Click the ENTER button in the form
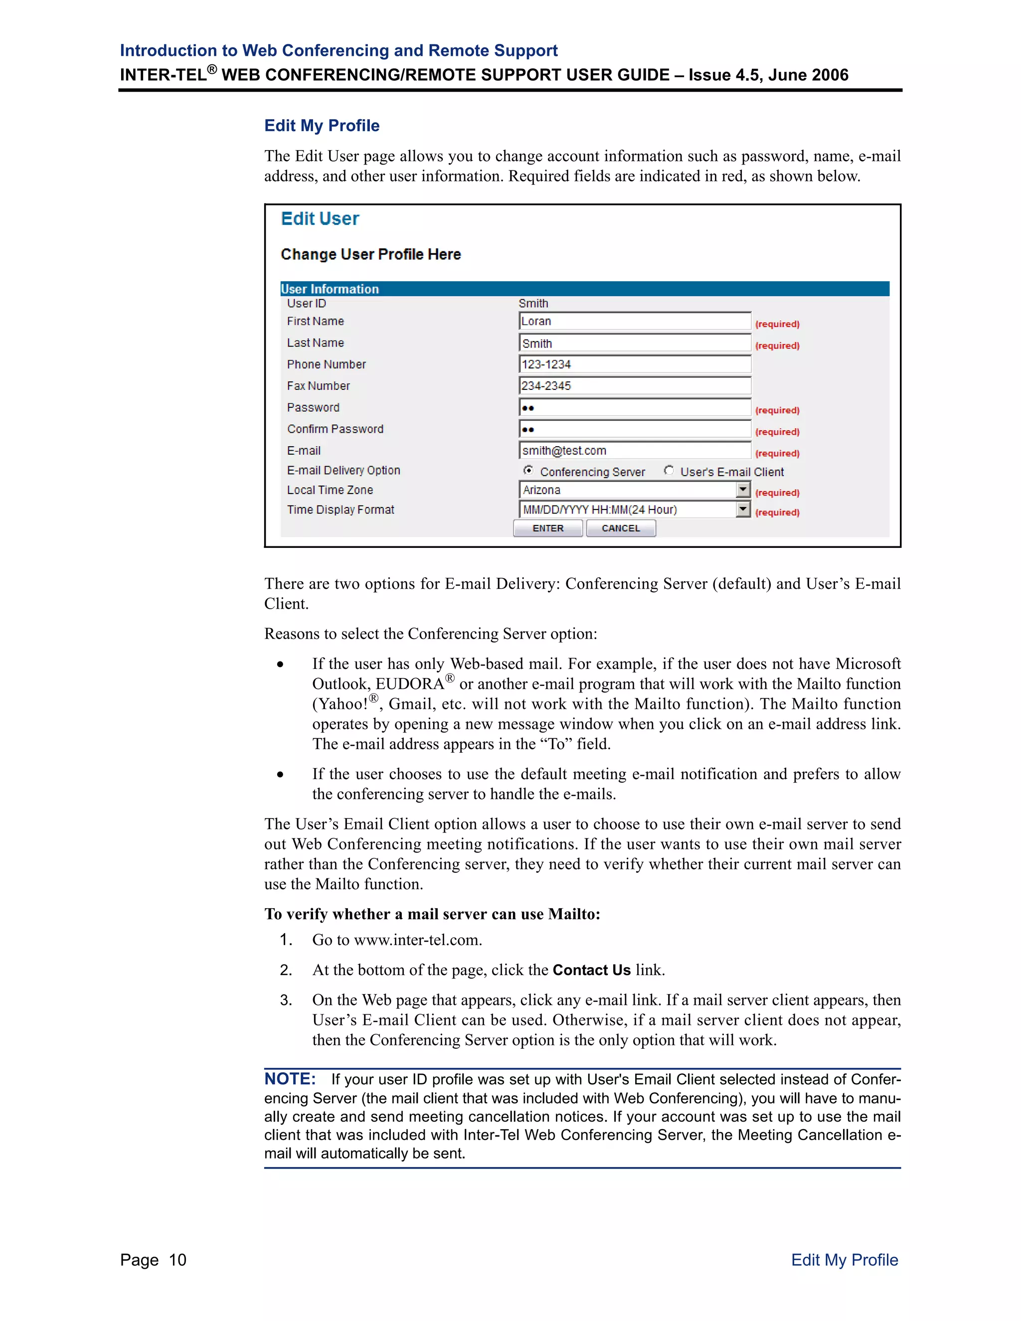click(x=547, y=528)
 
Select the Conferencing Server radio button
click(x=528, y=471)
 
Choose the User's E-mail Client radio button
click(x=669, y=471)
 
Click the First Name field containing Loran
click(x=634, y=321)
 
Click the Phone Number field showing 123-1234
click(x=634, y=364)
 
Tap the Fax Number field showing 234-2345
click(x=634, y=386)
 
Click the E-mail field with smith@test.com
click(x=634, y=451)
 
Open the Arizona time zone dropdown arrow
click(x=743, y=490)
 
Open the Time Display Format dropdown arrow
click(x=743, y=509)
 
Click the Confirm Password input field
click(x=634, y=429)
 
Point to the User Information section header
click(x=330, y=289)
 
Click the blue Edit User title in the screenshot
click(x=320, y=219)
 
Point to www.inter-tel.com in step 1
click(x=417, y=940)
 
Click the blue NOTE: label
click(x=290, y=1079)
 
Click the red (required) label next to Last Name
click(x=777, y=346)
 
